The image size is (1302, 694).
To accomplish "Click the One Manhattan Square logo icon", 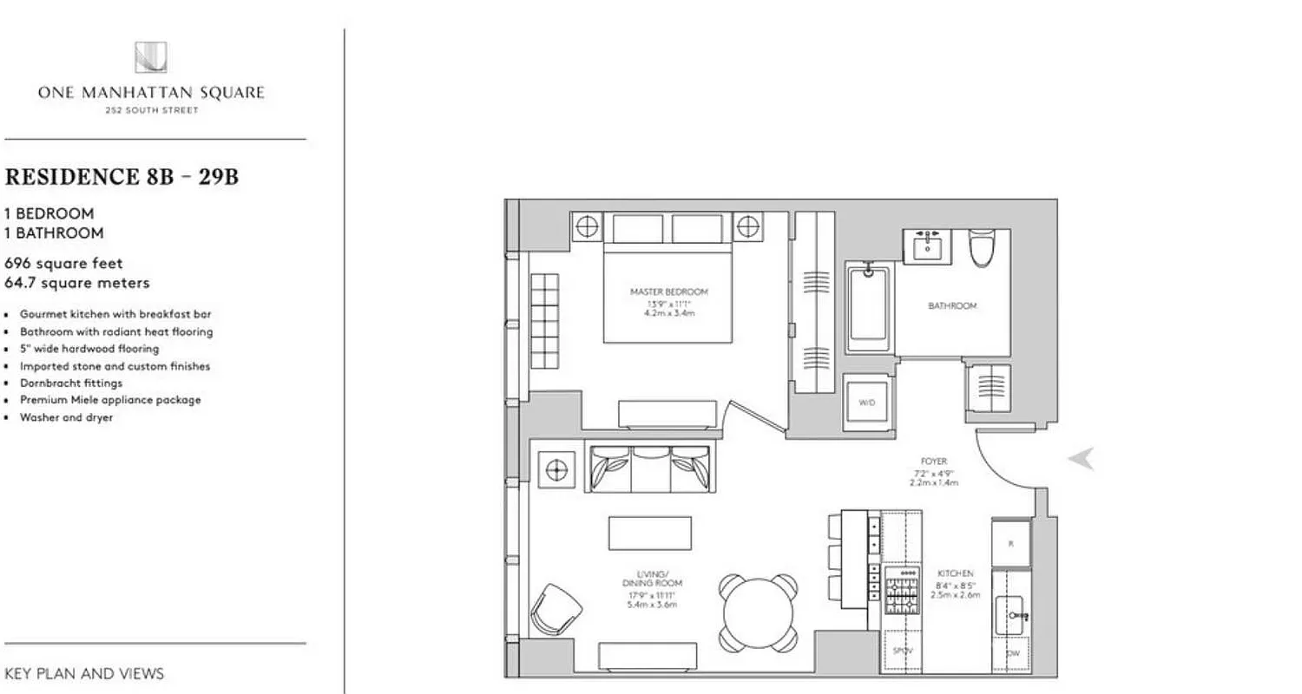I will [150, 57].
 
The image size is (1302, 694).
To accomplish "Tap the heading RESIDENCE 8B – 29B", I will [122, 178].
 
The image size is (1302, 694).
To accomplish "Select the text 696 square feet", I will [64, 263].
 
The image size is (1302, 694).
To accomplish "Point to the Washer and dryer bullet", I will [67, 417].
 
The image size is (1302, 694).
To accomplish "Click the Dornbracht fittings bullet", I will [71, 383].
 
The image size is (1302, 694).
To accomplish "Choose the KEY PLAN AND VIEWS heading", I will [84, 673].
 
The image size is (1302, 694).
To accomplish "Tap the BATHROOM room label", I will [952, 306].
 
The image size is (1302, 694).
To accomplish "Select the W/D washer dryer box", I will [867, 403].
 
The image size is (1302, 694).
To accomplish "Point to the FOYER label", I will [934, 462].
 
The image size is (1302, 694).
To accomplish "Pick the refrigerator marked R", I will [1011, 543].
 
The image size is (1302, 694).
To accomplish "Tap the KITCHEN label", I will [955, 573].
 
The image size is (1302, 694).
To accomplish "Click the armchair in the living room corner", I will [556, 607].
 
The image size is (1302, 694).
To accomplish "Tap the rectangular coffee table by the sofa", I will [650, 533].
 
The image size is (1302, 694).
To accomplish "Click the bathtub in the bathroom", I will [868, 307].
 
